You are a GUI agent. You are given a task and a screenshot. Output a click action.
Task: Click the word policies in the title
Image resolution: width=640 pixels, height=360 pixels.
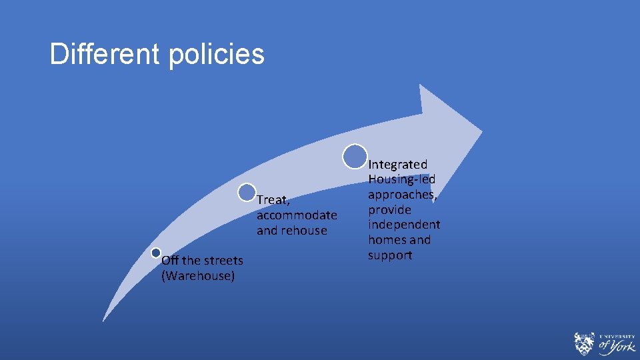click(x=217, y=55)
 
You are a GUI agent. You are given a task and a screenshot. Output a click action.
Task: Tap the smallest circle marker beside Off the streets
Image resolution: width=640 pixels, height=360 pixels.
click(x=156, y=253)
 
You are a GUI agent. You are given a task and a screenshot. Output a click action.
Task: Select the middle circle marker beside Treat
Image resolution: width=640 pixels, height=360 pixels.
click(x=247, y=193)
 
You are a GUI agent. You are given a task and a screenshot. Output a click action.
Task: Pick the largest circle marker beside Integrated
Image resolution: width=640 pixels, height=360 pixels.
click(x=355, y=156)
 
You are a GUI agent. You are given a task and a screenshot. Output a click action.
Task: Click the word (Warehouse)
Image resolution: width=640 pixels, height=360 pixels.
click(x=198, y=275)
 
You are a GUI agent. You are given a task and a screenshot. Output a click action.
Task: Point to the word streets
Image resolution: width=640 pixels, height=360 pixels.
click(x=223, y=260)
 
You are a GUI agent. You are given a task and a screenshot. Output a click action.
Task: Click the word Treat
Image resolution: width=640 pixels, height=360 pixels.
click(x=273, y=200)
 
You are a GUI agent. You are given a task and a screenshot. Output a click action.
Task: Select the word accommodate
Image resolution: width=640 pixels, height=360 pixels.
click(x=297, y=215)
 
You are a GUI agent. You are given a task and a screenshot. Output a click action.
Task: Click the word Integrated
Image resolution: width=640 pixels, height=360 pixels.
click(x=398, y=164)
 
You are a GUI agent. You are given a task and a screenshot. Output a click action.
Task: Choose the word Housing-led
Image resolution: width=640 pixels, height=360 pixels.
click(x=402, y=179)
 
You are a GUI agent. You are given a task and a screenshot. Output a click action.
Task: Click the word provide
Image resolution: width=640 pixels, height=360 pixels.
click(x=389, y=210)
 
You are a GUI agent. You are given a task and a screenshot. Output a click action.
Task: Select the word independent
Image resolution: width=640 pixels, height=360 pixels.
click(x=404, y=225)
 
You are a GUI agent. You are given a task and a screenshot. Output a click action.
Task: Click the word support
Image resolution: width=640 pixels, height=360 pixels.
click(x=390, y=255)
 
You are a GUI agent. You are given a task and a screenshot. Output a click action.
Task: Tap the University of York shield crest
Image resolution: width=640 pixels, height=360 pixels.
click(x=583, y=343)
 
